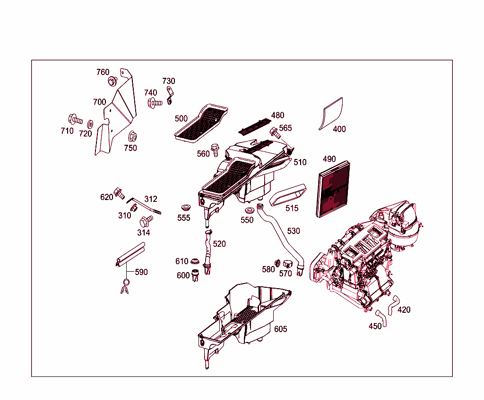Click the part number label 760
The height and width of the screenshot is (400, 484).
coord(103,72)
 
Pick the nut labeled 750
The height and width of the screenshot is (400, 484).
coord(132,137)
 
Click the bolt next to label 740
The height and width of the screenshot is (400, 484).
coord(154,102)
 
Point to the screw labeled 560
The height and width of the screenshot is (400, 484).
coord(215,150)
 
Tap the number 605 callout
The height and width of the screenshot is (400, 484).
coord(280,329)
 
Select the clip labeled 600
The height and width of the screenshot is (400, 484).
coord(196,275)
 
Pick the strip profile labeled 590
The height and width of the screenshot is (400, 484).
coord(130,255)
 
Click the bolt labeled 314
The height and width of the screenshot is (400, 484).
coord(146,221)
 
